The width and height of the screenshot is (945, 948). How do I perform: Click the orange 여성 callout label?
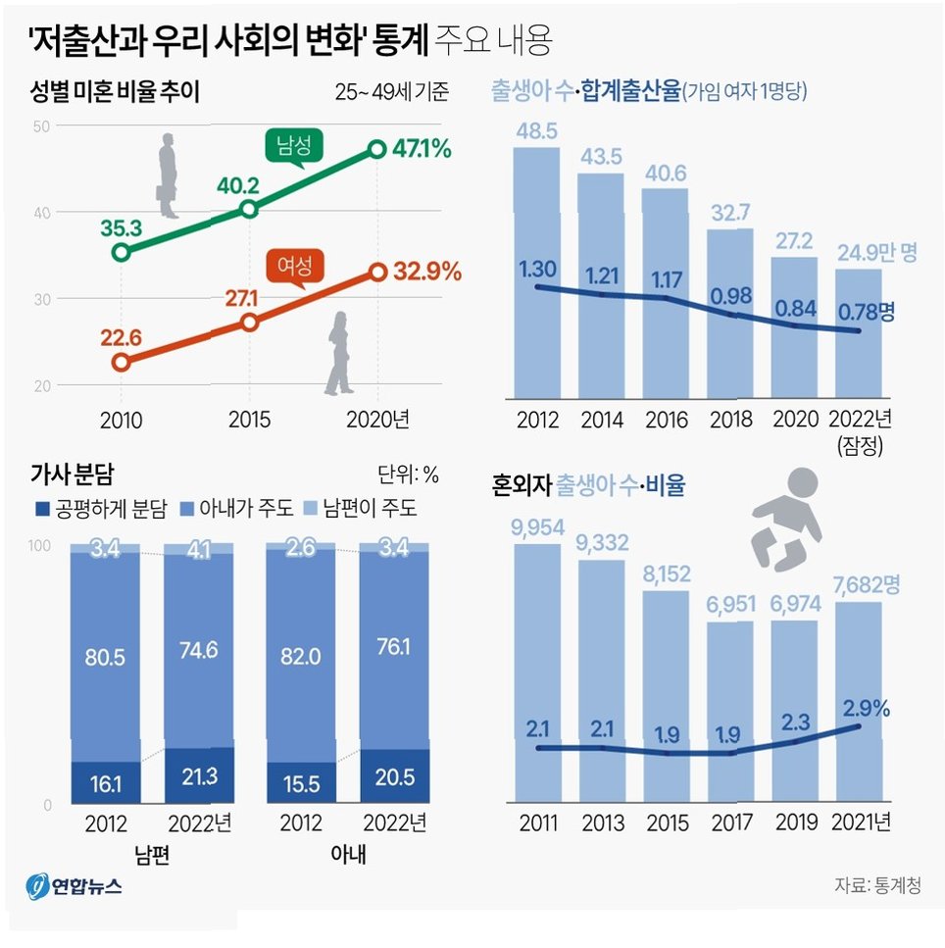click(x=295, y=265)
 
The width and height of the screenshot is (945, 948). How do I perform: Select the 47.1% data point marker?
click(x=377, y=149)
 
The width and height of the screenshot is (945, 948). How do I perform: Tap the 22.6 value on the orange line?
click(x=122, y=339)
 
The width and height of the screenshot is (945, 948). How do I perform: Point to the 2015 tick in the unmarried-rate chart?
click(x=249, y=421)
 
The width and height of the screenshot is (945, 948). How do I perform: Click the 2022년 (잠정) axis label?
click(x=861, y=431)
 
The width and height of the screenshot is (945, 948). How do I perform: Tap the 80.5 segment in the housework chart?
click(x=105, y=657)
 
